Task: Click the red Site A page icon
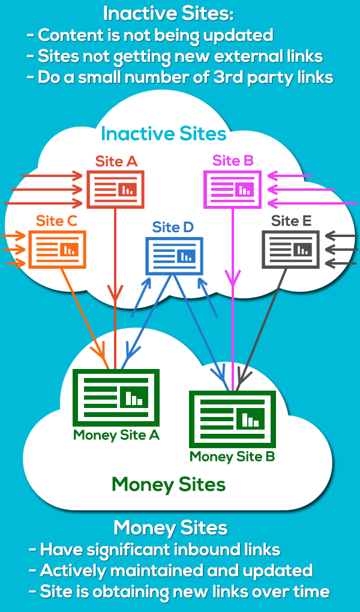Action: tap(115, 190)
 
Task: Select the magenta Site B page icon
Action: tap(232, 190)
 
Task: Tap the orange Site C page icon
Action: tap(58, 249)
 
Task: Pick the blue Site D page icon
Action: tap(174, 256)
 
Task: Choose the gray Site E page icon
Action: tap(291, 249)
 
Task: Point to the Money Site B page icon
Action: tap(232, 419)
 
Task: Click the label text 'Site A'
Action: tap(116, 161)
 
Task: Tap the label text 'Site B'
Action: tap(233, 160)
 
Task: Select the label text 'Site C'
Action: tap(56, 221)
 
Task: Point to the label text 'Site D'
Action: tap(173, 227)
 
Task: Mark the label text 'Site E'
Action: tap(291, 221)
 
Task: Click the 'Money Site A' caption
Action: tap(116, 435)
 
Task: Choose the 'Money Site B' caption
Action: tap(232, 457)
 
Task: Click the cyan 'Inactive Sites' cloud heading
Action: tap(164, 133)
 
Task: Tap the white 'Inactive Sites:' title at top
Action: tap(167, 13)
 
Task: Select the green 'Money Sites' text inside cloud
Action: tap(169, 484)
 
